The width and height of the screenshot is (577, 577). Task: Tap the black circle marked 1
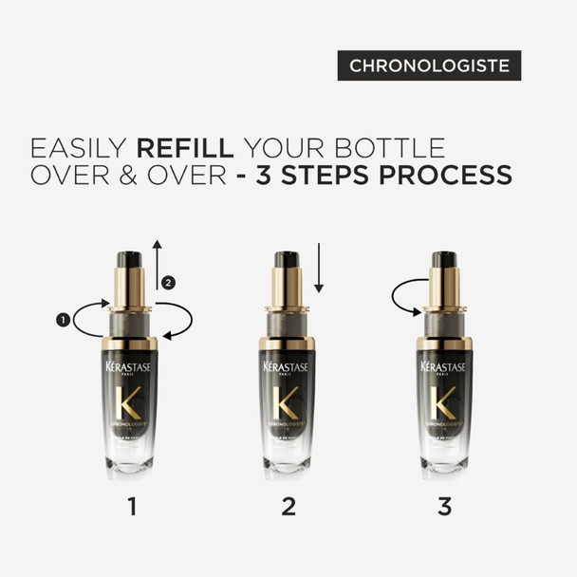click(64, 321)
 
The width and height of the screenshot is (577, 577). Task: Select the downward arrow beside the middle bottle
click(320, 268)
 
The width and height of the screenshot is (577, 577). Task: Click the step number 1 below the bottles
click(131, 507)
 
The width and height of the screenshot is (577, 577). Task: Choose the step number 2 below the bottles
click(288, 507)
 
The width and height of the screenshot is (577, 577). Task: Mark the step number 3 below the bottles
click(445, 507)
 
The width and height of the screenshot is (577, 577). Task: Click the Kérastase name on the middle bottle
click(288, 365)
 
